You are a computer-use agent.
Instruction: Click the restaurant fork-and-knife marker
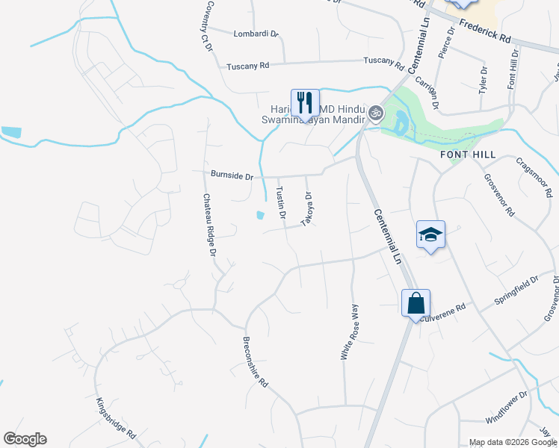tap(305, 103)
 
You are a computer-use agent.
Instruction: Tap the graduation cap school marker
tap(431, 235)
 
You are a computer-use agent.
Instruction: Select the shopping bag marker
tap(416, 304)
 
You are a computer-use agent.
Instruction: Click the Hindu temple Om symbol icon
tap(376, 114)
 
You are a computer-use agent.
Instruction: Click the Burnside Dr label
tap(232, 176)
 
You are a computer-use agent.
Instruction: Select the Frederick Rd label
tap(485, 31)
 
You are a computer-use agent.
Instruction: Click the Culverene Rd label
tap(442, 313)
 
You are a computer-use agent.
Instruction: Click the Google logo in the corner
tap(25, 439)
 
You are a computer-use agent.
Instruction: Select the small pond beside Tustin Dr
tap(259, 215)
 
